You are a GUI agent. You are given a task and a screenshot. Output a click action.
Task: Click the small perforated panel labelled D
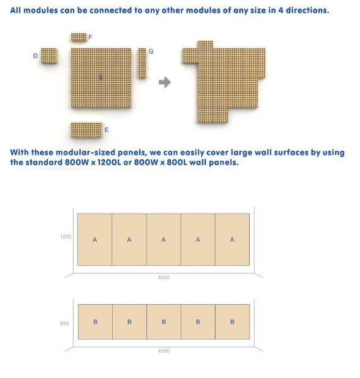[x=49, y=55]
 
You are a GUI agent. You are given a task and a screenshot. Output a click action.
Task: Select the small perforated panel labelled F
[x=78, y=37]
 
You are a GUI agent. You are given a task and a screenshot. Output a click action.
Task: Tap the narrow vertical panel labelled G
[x=142, y=62]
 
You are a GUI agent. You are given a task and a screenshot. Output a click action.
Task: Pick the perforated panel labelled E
[x=86, y=130]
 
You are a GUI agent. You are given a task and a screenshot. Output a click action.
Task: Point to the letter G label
[x=151, y=50]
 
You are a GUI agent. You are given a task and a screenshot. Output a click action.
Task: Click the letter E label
[x=106, y=130]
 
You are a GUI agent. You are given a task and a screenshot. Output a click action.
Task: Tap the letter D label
[x=35, y=56]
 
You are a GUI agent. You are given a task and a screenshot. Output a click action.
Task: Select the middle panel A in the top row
[x=163, y=239]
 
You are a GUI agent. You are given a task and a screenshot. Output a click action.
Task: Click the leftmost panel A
[x=95, y=239]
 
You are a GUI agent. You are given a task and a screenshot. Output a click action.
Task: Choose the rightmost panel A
[x=232, y=239]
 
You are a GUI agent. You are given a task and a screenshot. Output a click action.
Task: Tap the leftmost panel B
[x=95, y=322]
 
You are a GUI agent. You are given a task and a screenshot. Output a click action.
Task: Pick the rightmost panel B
[x=232, y=322]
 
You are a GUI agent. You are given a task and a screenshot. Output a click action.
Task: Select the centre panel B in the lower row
[x=163, y=322]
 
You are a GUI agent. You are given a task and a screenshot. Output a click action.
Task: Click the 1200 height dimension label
[x=66, y=237]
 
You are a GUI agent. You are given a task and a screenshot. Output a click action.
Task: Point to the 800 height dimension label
[x=64, y=324]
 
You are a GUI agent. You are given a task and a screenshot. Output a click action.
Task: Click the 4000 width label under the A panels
[x=163, y=277]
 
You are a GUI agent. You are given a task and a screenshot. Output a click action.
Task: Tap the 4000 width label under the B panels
[x=163, y=351]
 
